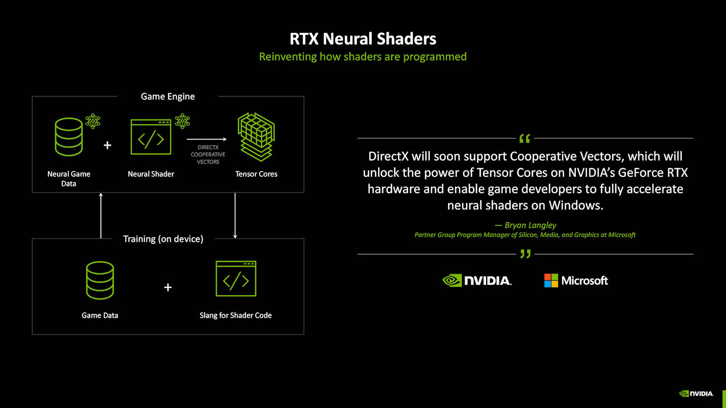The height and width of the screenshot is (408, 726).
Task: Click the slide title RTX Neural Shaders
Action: pyautogui.click(x=363, y=39)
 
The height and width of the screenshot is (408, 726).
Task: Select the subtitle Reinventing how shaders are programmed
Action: pyautogui.click(x=363, y=56)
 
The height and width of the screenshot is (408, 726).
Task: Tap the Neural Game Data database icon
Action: pyautogui.click(x=69, y=137)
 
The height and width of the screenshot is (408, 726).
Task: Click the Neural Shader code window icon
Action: pyautogui.click(x=151, y=137)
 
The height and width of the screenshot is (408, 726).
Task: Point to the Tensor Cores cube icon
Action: pyautogui.click(x=256, y=137)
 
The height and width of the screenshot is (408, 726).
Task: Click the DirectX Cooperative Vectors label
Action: pyautogui.click(x=208, y=154)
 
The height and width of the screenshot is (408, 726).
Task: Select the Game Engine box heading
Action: pyautogui.click(x=168, y=97)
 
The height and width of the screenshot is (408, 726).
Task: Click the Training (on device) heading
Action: pyautogui.click(x=163, y=239)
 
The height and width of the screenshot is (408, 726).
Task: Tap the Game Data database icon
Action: pyautogui.click(x=99, y=280)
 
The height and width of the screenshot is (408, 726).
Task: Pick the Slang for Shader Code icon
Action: pyautogui.click(x=236, y=278)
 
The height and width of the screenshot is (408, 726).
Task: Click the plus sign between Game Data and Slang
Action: pyautogui.click(x=168, y=288)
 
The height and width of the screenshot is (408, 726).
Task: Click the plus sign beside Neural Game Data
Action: pyautogui.click(x=108, y=145)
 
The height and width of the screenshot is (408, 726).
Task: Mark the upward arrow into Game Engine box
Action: pyautogui.click(x=101, y=215)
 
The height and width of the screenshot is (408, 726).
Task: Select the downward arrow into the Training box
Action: pyautogui.click(x=235, y=215)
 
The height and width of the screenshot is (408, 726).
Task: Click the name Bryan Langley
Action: pyautogui.click(x=525, y=225)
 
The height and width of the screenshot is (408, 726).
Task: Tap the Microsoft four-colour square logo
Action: pyautogui.click(x=551, y=281)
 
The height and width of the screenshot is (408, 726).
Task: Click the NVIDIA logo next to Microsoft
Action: pyautogui.click(x=476, y=281)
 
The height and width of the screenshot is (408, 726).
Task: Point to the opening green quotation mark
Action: pyautogui.click(x=525, y=139)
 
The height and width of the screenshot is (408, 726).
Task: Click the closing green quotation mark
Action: pyautogui.click(x=525, y=254)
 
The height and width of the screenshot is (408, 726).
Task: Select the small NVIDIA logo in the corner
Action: pyautogui.click(x=696, y=393)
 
